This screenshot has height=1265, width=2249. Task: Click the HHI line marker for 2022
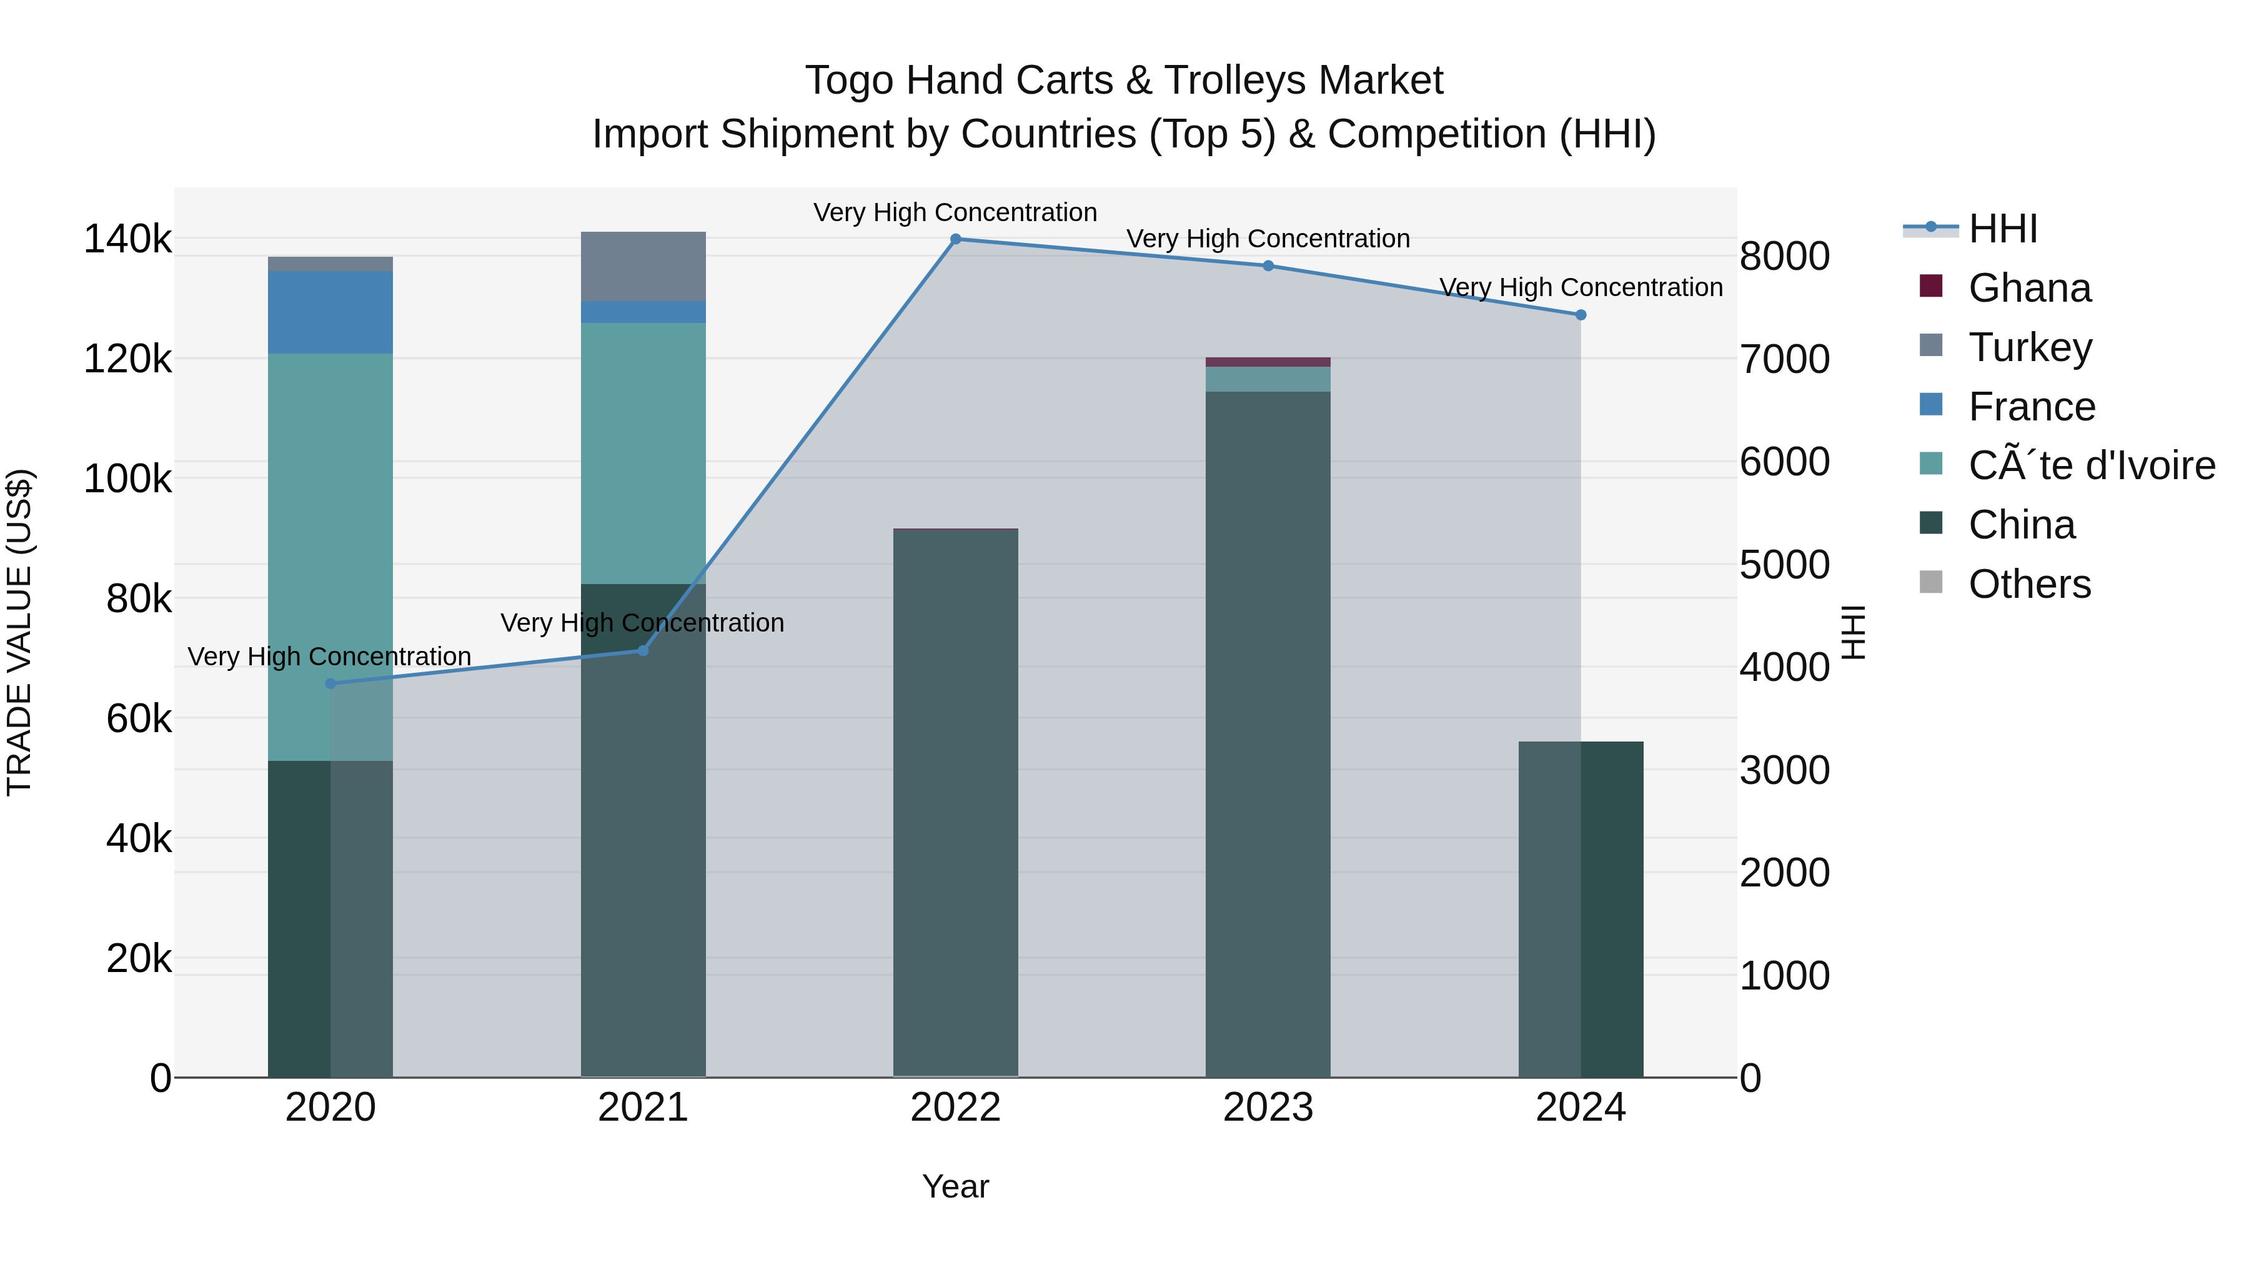tap(955, 239)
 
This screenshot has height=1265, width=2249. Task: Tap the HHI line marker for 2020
tap(330, 683)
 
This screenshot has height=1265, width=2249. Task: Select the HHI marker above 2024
tap(1581, 315)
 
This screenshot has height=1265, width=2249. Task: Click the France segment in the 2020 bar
tap(330, 312)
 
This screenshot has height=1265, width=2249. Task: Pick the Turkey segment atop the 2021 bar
tap(643, 266)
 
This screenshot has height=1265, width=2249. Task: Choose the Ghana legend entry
tap(2029, 288)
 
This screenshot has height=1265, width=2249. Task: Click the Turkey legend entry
tap(2030, 347)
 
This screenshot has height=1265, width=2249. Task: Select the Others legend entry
tap(2029, 584)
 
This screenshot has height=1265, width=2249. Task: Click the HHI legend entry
tap(2003, 229)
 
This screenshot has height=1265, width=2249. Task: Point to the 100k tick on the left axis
tap(127, 479)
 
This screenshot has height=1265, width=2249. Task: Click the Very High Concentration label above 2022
tap(955, 212)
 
